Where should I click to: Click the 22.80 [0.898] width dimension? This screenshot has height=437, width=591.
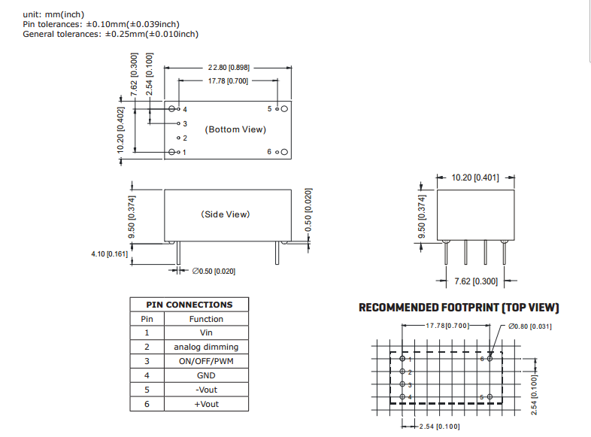[x=229, y=68]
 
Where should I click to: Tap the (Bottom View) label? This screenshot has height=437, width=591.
[x=235, y=129]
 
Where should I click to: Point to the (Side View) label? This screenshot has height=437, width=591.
[x=226, y=214]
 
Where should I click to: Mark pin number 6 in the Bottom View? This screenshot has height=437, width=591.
[x=269, y=152]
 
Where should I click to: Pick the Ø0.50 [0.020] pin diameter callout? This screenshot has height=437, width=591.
[x=214, y=271]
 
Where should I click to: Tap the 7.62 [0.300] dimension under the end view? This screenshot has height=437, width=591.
[x=475, y=281]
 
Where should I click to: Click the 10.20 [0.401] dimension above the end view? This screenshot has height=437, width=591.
[x=474, y=178]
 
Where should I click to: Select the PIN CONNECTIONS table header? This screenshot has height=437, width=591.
[x=189, y=305]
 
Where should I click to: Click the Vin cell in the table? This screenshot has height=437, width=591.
[x=206, y=332]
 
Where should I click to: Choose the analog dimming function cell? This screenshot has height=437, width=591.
[x=206, y=347]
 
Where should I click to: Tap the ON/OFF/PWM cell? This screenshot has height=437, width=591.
[x=206, y=361]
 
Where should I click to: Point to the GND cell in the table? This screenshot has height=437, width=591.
[x=206, y=375]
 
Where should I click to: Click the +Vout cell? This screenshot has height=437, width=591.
[x=206, y=404]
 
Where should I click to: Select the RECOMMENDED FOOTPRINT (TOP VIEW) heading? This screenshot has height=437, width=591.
[x=459, y=308]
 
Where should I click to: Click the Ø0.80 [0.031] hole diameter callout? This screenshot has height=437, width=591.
[x=530, y=326]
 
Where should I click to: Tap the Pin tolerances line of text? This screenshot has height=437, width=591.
[x=102, y=24]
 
